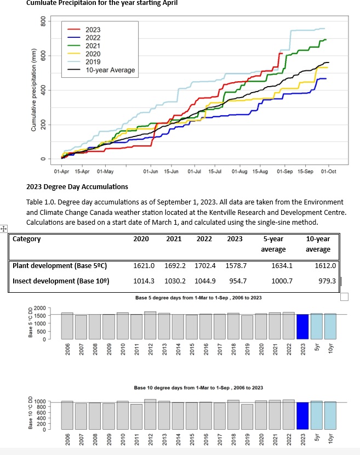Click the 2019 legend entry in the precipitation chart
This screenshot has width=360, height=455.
(x=93, y=62)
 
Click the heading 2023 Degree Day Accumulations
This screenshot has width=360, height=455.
(x=77, y=187)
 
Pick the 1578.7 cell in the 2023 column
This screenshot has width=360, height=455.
(x=237, y=266)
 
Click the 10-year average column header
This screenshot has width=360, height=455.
(x=318, y=244)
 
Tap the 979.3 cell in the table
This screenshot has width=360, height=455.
(x=326, y=281)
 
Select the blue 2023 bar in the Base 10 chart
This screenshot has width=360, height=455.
(x=302, y=415)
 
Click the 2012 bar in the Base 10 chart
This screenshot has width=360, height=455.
(x=150, y=414)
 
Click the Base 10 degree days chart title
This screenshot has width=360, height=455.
(x=198, y=388)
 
